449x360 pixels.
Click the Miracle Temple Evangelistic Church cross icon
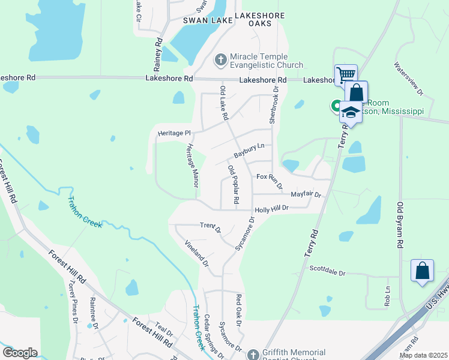point(220,59)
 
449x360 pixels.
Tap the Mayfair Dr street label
point(306,194)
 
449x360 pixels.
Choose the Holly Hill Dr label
point(272,209)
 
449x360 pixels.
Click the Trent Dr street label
point(210,227)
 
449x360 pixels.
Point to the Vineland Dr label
point(197,253)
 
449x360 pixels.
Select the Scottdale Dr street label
point(328,271)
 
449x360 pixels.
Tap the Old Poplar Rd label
point(234,183)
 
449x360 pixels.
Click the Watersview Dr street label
point(409,79)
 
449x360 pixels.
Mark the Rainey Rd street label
point(159,53)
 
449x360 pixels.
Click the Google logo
point(20,353)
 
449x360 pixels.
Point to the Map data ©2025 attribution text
point(423,355)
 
